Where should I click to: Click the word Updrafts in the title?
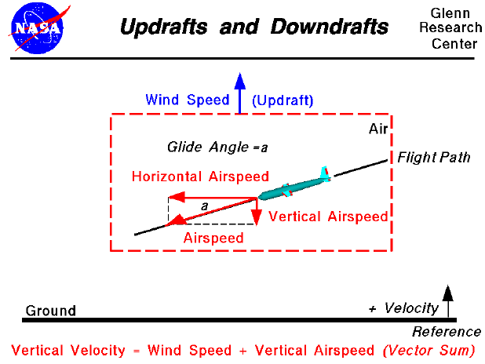[x=162, y=27]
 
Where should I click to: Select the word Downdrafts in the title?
[x=330, y=27]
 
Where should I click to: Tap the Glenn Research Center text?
[x=454, y=29]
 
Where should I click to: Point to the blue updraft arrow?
[x=240, y=90]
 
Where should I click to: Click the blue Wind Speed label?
[x=187, y=100]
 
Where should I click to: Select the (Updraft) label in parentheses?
[x=283, y=100]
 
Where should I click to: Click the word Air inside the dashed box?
[x=378, y=129]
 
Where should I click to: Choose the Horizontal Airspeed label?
[x=200, y=177]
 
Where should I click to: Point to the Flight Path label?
[x=433, y=158]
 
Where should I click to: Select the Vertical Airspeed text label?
[x=328, y=217]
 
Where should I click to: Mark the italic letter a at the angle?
[x=204, y=206]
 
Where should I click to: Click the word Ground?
[x=51, y=311]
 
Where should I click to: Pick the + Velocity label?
[x=403, y=308]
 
